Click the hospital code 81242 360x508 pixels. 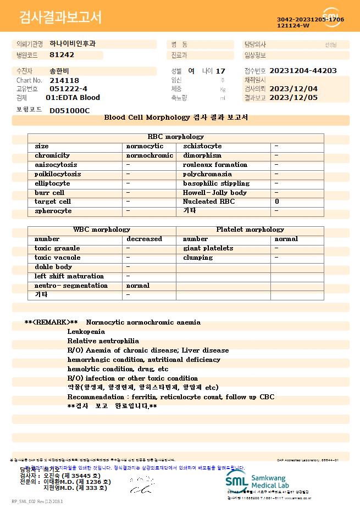[62, 55]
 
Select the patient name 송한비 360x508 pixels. [59, 71]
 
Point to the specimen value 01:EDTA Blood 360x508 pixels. [73, 98]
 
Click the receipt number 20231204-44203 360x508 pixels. [303, 71]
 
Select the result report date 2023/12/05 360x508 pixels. [301, 98]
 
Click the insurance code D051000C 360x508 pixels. [69, 110]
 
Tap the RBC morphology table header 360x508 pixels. [176, 137]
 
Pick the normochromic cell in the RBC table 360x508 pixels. [149, 155]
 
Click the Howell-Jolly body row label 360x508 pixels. [215, 193]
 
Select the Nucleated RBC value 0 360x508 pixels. [277, 202]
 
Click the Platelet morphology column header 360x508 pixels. [250, 230]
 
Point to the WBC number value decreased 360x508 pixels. [144, 239]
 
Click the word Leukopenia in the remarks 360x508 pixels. [86, 332]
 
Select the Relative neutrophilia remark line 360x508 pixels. [103, 341]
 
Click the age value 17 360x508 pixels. [220, 71]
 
